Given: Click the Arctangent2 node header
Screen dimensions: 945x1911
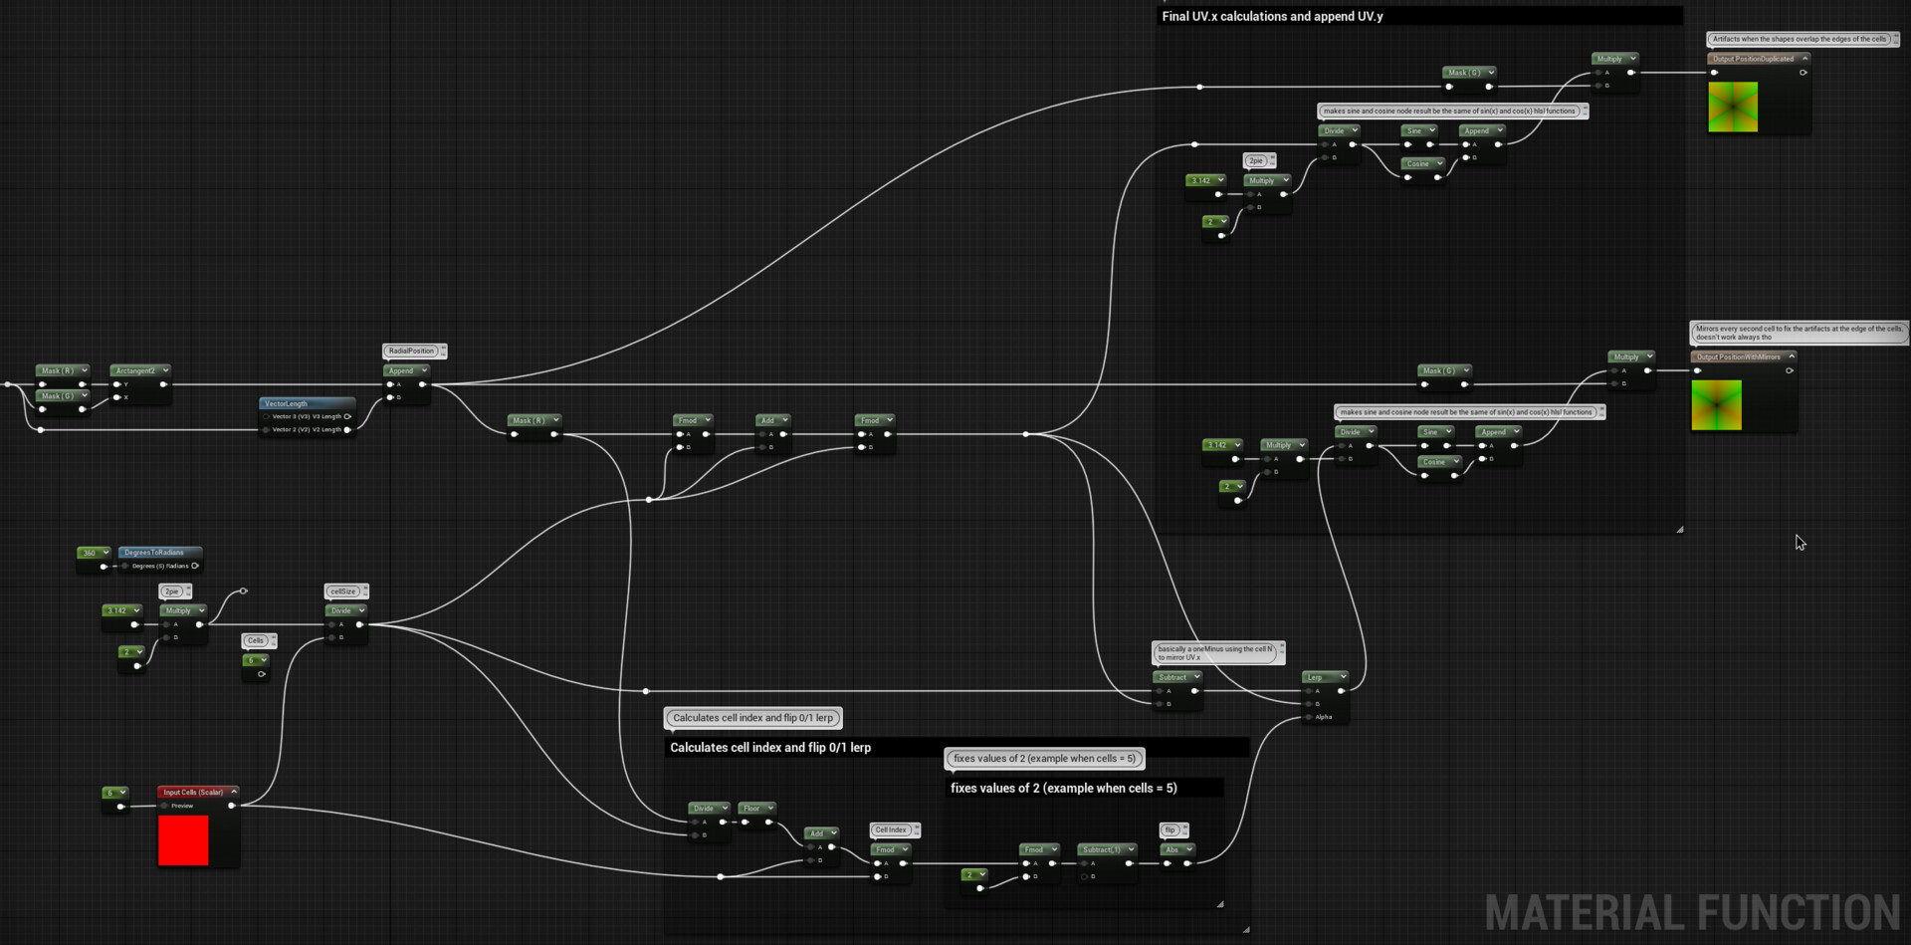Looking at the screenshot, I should [x=136, y=370].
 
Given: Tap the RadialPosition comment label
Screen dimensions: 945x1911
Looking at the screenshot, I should [x=412, y=351].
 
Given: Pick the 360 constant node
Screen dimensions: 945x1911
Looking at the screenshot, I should [x=91, y=554].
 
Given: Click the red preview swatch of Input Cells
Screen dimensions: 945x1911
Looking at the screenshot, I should [x=183, y=840].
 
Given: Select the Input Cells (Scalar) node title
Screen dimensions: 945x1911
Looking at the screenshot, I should [x=193, y=793].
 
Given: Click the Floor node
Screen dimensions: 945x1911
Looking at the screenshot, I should [x=752, y=809].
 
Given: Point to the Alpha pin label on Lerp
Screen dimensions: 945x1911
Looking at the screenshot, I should [x=1324, y=717].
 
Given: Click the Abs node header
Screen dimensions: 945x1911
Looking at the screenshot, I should [x=1173, y=849].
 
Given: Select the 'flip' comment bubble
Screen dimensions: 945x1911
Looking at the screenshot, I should [x=1171, y=829].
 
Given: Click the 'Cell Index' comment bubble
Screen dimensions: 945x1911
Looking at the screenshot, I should [x=891, y=829].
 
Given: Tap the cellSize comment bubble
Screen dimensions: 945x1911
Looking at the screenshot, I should [x=343, y=591].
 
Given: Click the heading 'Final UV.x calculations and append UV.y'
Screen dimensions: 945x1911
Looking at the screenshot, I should [x=1272, y=16].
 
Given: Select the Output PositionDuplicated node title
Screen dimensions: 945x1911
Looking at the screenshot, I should [x=1754, y=59].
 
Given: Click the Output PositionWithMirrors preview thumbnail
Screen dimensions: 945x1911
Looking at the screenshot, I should [x=1717, y=404].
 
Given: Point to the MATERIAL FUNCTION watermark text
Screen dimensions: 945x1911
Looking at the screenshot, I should [x=1691, y=912].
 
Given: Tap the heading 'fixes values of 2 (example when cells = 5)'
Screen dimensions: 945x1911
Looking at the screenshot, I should [x=1063, y=788].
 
